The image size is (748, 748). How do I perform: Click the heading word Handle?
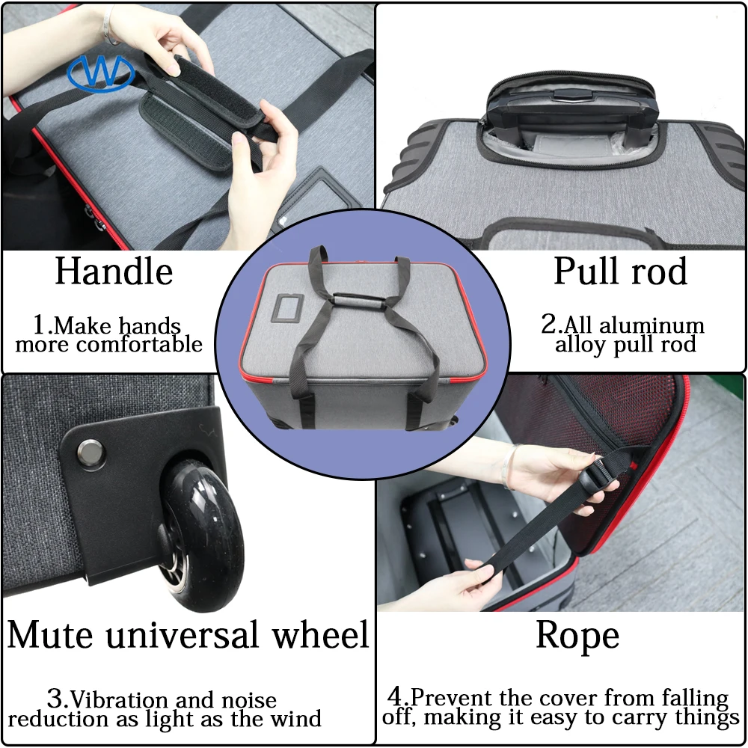coord(114,272)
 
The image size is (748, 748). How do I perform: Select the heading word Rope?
coord(577,636)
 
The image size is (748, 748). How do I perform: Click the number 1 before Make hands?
coord(40,325)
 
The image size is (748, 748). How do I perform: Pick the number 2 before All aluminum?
coord(550,325)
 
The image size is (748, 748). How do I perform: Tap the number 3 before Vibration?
coord(57,700)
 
